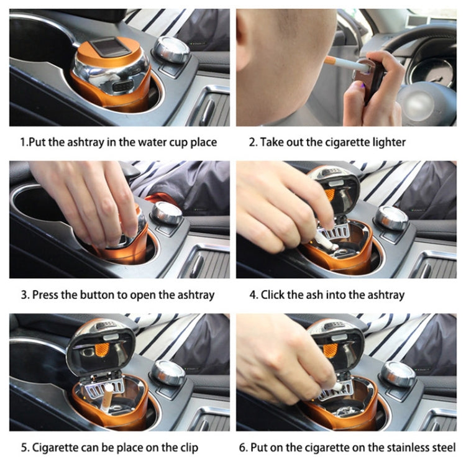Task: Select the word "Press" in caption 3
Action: point(45,295)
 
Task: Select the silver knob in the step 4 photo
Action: point(393,217)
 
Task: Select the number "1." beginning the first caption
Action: point(24,142)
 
